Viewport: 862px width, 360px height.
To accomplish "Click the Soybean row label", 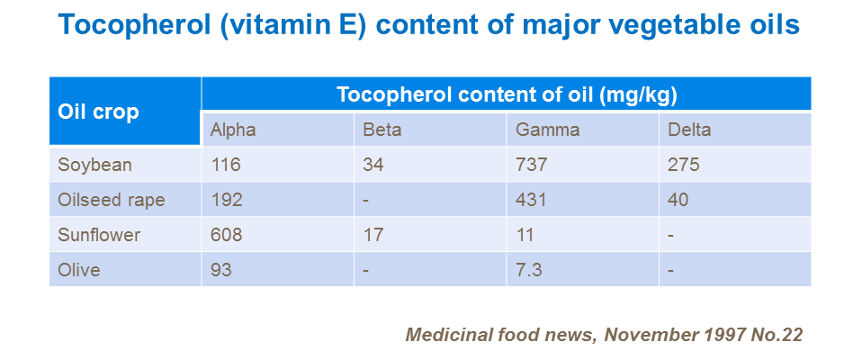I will coord(94,165).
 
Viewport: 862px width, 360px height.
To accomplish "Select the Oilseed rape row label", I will coord(112,200).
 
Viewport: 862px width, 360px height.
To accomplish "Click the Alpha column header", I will coord(233,130).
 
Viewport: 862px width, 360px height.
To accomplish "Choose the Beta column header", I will coord(382,130).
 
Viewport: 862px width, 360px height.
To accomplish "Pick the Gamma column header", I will coord(547,130).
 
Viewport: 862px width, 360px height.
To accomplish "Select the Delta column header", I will coord(689,130).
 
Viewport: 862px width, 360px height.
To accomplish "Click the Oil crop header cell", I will coord(98,112).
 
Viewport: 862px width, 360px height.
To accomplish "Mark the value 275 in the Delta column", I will coord(684,165).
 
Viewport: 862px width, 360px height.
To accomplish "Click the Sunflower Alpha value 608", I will coord(226,235).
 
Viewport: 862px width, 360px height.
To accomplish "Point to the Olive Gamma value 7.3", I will coord(529,270).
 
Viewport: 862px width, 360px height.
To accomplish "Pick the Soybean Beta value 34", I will coord(373,165).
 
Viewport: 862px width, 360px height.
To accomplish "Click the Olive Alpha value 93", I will coord(221,270).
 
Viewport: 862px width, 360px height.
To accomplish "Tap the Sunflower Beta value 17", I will coord(373,235).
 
